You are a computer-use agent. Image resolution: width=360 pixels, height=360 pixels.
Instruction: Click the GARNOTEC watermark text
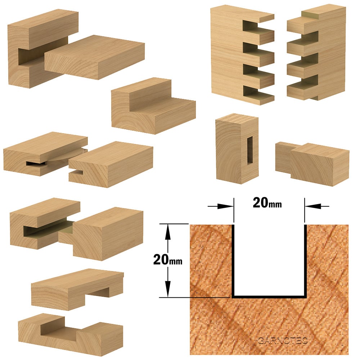coord(282,341)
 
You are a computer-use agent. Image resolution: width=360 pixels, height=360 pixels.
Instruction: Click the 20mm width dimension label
coord(267,203)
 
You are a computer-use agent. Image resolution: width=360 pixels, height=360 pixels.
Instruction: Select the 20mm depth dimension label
coord(168,260)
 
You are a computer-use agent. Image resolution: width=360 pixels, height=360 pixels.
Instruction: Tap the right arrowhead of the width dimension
coord(313,206)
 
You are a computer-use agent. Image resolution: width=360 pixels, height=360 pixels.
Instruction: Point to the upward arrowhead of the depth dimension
coord(168,232)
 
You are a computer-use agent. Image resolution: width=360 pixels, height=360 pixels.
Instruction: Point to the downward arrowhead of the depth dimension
coord(168,289)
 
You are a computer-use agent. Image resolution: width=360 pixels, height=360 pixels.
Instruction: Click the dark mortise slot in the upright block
coord(249,150)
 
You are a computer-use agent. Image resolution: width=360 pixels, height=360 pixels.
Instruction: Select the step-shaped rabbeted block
coord(153,105)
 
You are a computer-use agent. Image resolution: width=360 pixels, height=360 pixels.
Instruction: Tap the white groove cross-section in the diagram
coord(269,260)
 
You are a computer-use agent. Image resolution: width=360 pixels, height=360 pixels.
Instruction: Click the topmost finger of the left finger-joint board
coord(266,17)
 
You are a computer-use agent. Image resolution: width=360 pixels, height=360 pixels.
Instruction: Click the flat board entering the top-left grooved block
coord(94,57)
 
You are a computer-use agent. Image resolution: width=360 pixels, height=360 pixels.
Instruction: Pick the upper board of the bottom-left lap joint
coord(77,289)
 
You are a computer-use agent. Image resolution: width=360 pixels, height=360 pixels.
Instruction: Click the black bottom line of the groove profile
coord(269,296)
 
